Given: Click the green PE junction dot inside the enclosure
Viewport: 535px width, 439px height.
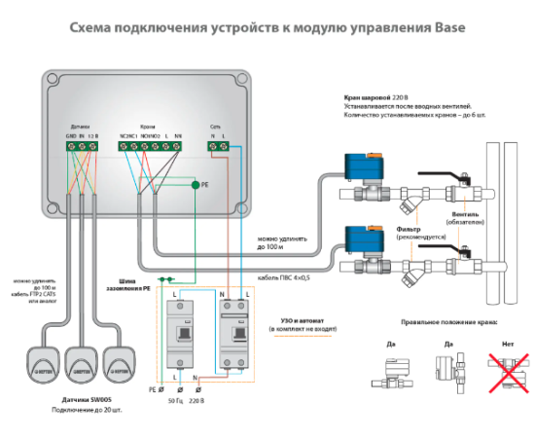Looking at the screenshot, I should [195, 183].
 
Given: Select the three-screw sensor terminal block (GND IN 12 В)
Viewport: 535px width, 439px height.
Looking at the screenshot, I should [82, 146].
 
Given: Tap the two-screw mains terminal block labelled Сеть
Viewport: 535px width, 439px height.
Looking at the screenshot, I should [221, 146].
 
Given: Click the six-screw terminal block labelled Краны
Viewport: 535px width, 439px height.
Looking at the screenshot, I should [151, 146].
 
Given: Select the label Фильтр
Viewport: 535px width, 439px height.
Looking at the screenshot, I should [410, 230].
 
